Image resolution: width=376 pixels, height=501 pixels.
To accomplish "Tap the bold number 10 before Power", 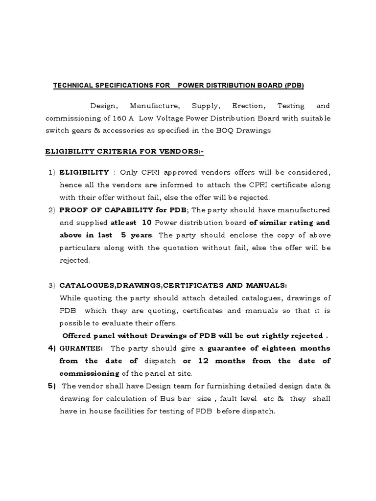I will (x=146, y=223).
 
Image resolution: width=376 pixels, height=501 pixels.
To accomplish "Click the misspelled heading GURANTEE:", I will (x=81, y=348).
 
